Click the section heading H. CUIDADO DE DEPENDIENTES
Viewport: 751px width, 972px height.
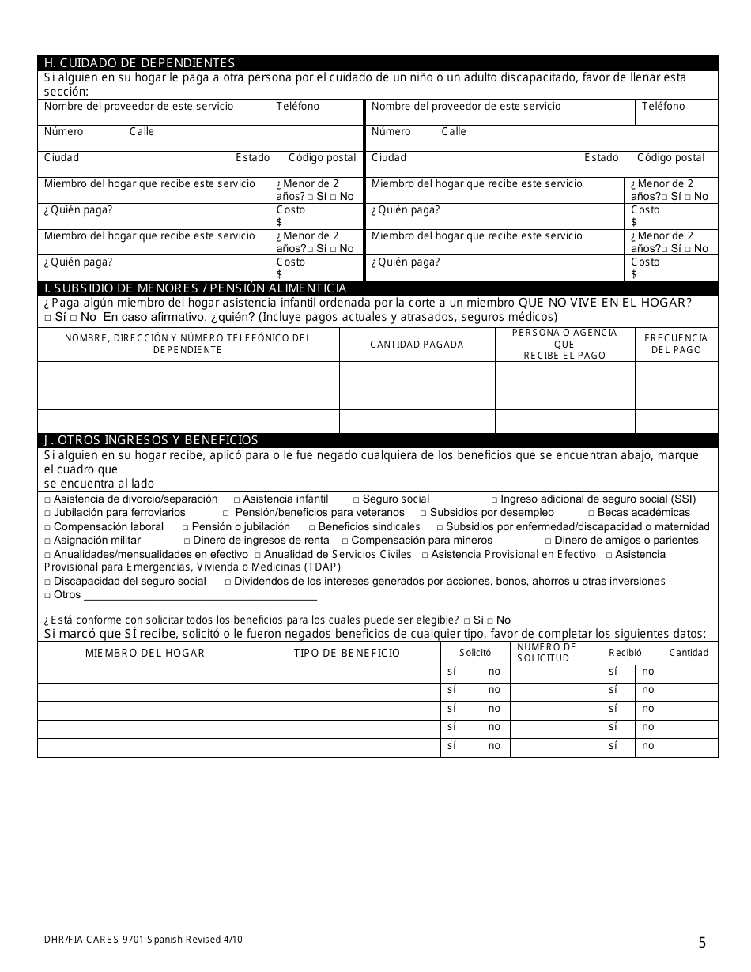click(139, 63)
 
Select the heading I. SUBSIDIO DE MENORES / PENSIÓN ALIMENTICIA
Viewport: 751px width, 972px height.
click(195, 288)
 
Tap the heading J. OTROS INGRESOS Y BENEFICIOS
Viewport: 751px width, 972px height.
click(151, 440)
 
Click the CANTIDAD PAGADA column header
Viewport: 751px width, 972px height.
click(417, 345)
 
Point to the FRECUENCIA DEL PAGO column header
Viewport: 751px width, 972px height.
click(676, 345)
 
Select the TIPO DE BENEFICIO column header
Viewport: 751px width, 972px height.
click(347, 653)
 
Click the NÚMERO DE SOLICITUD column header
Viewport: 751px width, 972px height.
click(546, 653)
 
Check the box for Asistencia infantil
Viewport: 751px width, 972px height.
click(237, 500)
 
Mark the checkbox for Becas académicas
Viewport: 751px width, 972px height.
click(591, 514)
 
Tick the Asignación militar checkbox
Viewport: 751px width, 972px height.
click(47, 541)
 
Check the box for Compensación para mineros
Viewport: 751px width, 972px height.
click(345, 541)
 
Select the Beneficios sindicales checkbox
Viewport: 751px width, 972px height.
click(312, 527)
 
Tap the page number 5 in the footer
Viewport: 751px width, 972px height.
click(702, 941)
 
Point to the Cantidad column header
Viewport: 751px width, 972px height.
click(689, 653)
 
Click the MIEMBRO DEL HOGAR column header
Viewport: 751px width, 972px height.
click(145, 653)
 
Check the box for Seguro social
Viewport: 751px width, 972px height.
click(357, 500)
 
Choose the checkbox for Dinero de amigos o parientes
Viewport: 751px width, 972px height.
click(549, 541)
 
